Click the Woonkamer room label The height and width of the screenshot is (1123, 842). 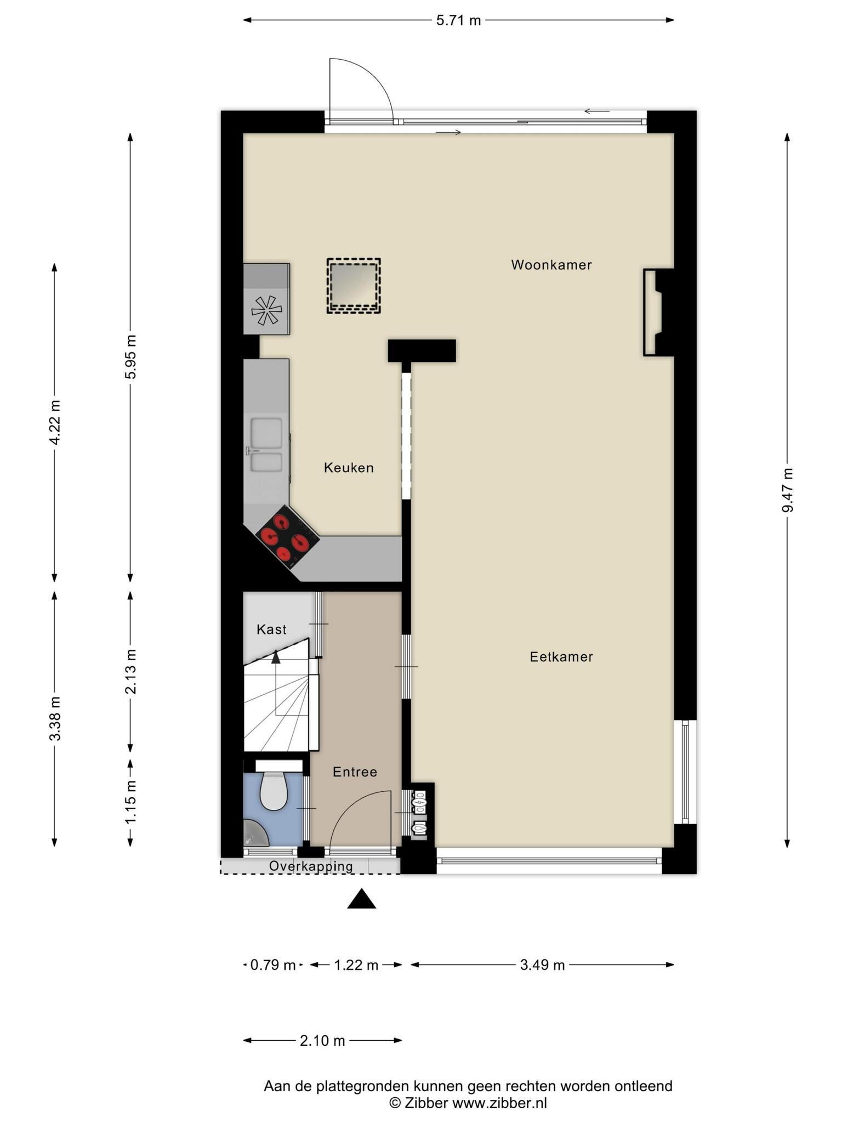(x=551, y=265)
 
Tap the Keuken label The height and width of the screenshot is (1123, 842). (x=349, y=468)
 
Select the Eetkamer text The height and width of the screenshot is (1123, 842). (x=561, y=657)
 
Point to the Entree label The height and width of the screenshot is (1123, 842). (x=355, y=772)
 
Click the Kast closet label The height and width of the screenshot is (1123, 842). (x=271, y=629)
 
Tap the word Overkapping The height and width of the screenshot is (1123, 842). (x=311, y=866)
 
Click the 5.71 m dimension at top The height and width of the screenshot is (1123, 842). (x=458, y=20)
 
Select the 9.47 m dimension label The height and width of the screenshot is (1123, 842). (x=787, y=490)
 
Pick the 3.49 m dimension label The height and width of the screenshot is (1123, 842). (x=542, y=965)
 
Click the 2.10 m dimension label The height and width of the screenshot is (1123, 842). (x=322, y=1041)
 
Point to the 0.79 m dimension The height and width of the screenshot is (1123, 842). (x=272, y=965)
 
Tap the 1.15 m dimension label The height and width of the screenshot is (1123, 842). (x=130, y=802)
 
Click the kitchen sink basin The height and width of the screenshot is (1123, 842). (x=267, y=431)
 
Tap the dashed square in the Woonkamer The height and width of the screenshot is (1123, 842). (x=354, y=286)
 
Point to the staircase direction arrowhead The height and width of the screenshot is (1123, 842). (x=276, y=657)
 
